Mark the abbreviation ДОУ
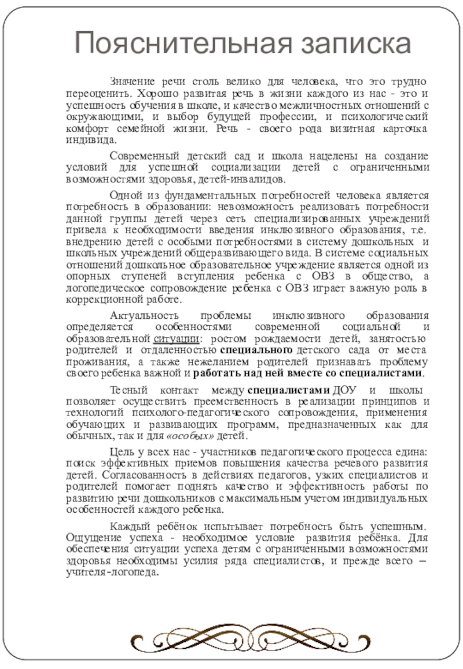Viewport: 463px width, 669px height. (x=346, y=389)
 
